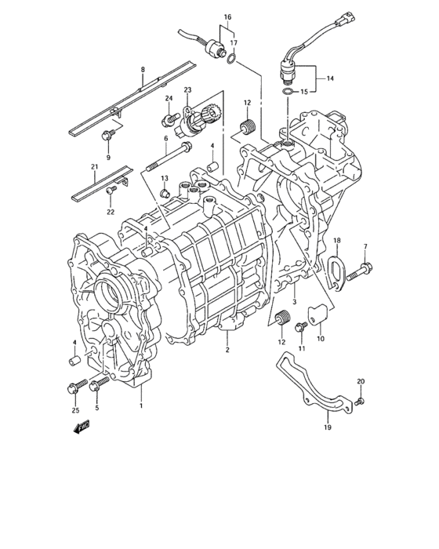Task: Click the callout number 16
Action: point(227,16)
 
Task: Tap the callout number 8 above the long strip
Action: point(143,71)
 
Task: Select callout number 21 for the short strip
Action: point(93,166)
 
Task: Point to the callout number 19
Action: point(327,428)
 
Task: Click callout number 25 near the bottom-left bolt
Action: point(75,410)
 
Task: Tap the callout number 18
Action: point(336,240)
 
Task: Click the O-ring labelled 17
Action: point(232,58)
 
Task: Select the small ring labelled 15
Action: point(290,93)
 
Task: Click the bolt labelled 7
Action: point(355,273)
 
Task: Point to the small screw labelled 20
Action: point(360,402)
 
